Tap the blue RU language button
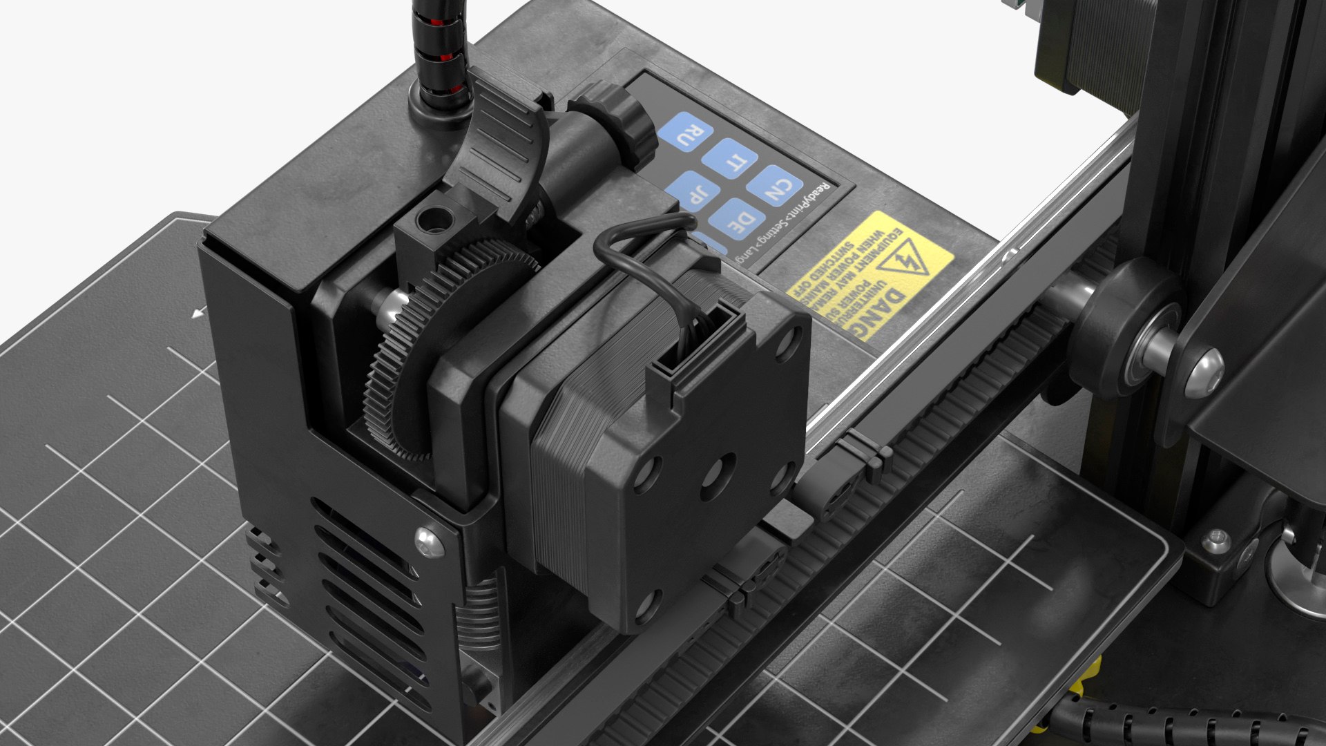686,132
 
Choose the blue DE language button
740,220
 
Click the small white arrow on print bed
198,314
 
